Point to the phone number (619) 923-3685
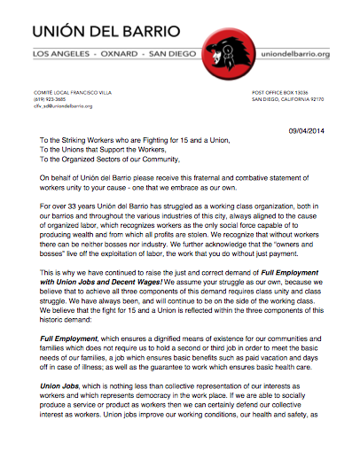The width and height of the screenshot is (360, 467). pyautogui.click(x=50, y=99)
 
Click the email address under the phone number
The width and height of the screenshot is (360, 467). pyautogui.click(x=64, y=106)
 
